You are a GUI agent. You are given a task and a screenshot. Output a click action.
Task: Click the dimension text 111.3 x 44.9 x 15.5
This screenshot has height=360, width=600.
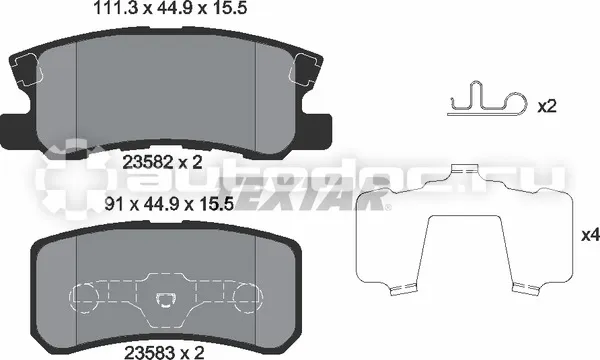pos(170,8)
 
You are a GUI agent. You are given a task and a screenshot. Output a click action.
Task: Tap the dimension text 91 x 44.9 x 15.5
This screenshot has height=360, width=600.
pos(169,205)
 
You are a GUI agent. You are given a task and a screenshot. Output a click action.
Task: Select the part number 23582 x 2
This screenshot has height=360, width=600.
pos(162,163)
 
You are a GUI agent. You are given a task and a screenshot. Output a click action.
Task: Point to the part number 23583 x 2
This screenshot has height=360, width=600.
pos(164,352)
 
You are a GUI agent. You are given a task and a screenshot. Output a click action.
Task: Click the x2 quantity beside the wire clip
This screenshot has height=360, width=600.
pos(546,106)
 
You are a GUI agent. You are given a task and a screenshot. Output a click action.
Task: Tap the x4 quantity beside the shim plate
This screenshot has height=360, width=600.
pos(590,236)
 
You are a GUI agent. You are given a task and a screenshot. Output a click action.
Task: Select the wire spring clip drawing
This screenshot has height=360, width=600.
pos(487,98)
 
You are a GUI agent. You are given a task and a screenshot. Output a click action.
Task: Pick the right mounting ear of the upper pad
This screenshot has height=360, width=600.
pos(319,128)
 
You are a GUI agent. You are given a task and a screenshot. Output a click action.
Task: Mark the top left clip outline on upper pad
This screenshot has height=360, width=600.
pos(26,68)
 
